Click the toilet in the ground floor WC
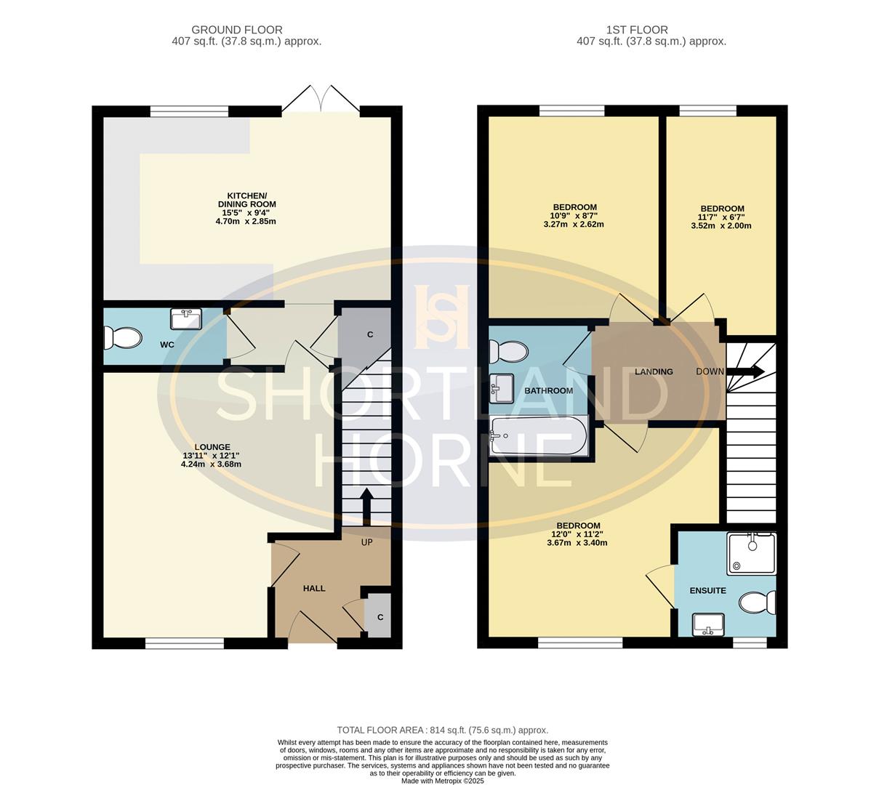coord(122,338)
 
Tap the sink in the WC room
coord(186,319)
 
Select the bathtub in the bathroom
coord(539,436)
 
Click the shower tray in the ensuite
coord(751,553)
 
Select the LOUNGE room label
coord(212,447)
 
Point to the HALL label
coord(314,588)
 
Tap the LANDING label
coord(654,371)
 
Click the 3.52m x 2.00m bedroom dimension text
coord(721,225)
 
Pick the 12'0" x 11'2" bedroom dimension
coord(577,534)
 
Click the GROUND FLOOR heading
coord(236,30)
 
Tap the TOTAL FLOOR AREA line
coord(442,730)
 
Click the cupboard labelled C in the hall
coord(380,616)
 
